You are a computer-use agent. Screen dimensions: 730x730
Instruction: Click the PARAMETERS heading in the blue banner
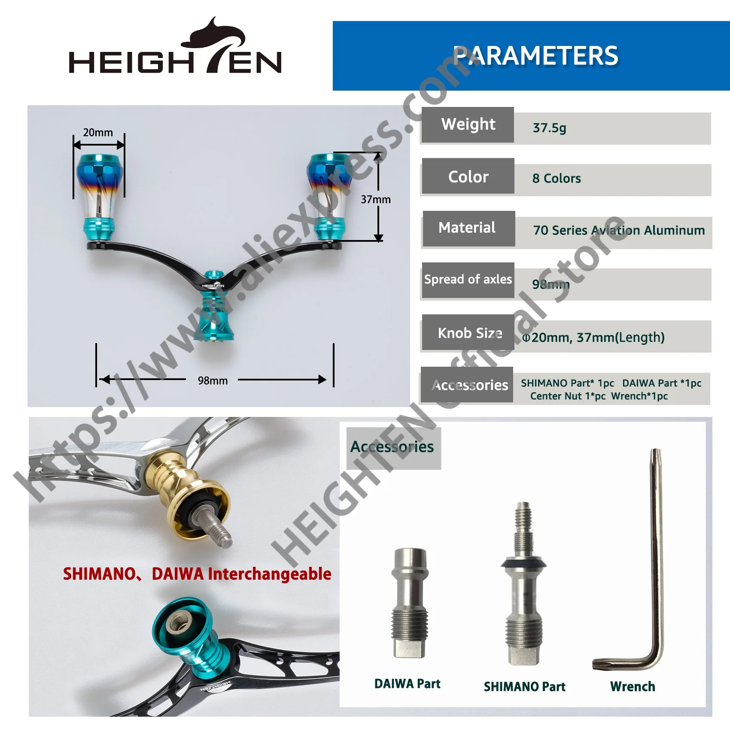[535, 56]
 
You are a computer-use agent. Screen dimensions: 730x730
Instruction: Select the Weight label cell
[468, 125]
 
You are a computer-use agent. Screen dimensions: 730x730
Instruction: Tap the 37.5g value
[549, 128]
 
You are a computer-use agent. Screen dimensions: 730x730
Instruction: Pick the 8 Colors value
[557, 178]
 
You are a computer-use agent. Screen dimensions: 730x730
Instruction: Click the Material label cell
[468, 228]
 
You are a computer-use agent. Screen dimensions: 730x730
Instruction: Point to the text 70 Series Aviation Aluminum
[619, 231]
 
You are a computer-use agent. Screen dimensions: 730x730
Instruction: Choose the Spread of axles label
[468, 280]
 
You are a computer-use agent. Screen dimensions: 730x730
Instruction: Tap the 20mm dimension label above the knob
[98, 132]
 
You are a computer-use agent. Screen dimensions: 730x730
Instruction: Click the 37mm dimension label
[376, 199]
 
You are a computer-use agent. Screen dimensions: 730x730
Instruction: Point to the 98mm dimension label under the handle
[213, 380]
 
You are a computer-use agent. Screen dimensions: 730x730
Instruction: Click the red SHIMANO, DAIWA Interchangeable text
[197, 574]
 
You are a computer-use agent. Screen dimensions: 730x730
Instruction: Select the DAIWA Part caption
[407, 684]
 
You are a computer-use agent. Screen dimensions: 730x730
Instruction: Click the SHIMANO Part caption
[524, 687]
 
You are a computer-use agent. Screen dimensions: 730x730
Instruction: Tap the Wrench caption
[633, 687]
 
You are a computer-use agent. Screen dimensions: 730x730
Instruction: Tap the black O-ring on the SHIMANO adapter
[523, 563]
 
